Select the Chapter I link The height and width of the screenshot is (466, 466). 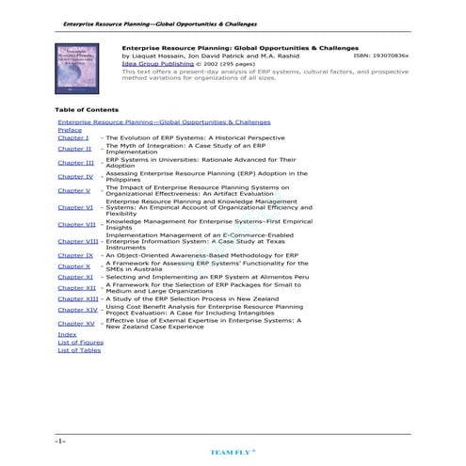pos(72,138)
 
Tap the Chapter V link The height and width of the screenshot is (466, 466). pos(74,190)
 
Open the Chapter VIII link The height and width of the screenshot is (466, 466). pos(77,241)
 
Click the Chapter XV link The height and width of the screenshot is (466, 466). pos(76,323)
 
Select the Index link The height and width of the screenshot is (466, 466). pos(67,334)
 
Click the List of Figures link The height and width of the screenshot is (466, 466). pos(80,342)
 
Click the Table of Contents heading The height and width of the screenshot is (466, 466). pos(87,109)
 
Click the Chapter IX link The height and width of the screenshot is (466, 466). pos(75,255)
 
